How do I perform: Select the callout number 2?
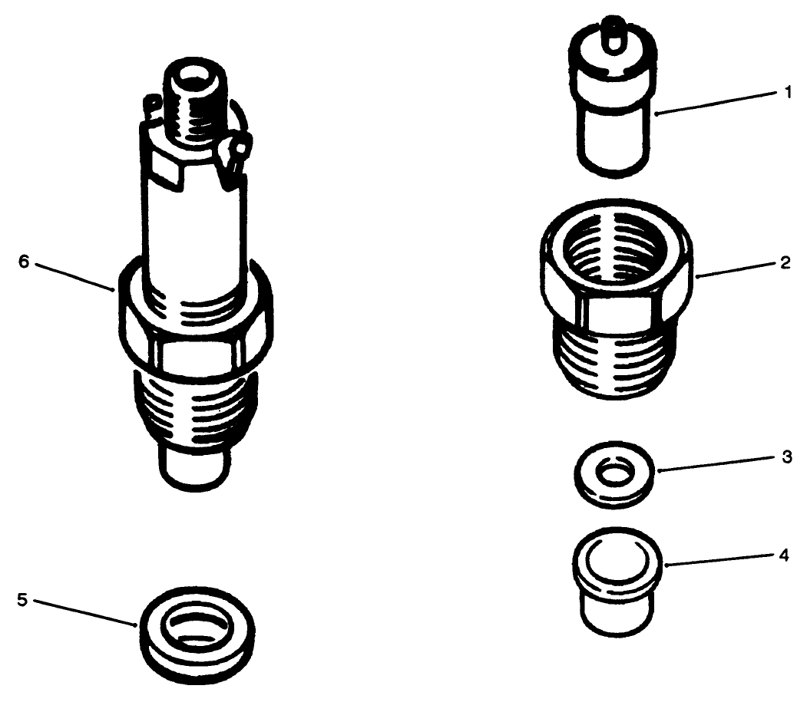[786, 262]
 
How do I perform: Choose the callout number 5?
[22, 599]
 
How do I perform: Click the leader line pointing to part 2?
[737, 268]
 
